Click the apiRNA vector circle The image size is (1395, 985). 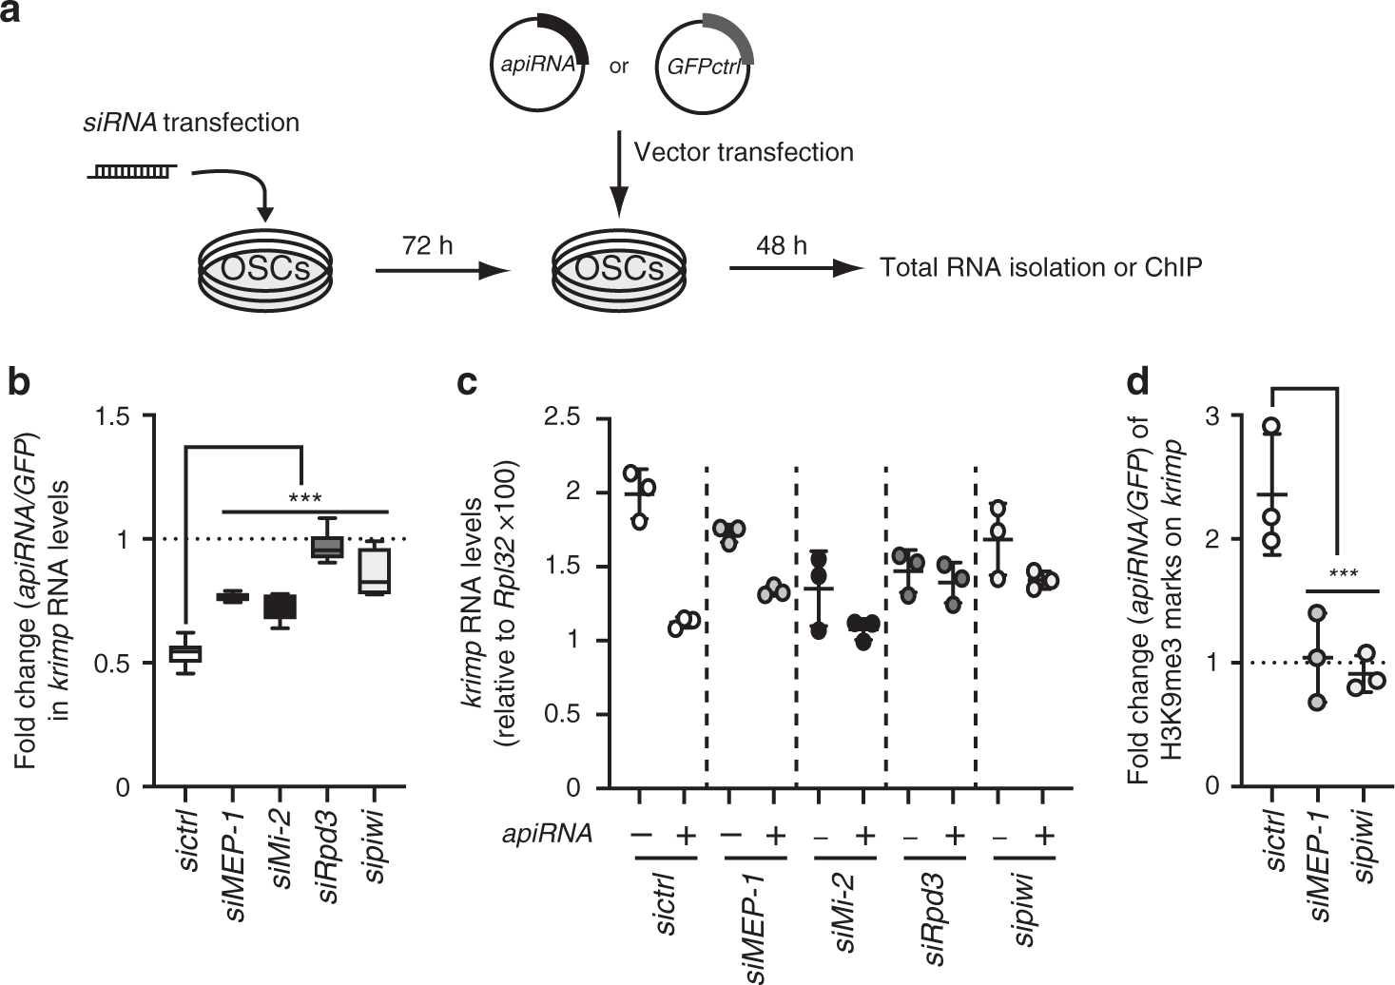pyautogui.click(x=539, y=65)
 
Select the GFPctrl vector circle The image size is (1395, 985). pyautogui.click(x=705, y=65)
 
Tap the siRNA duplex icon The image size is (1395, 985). pyautogui.click(x=131, y=171)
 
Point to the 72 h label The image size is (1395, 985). pyautogui.click(x=428, y=246)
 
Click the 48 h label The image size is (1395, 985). pyautogui.click(x=782, y=246)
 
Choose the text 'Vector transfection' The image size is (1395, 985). pyautogui.click(x=744, y=152)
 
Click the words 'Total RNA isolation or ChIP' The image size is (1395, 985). pyautogui.click(x=1040, y=268)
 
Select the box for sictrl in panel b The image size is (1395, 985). pyautogui.click(x=185, y=652)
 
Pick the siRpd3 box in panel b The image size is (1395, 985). pyautogui.click(x=327, y=547)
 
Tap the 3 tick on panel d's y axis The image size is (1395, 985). pyautogui.click(x=1214, y=416)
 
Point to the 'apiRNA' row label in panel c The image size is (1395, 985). pyautogui.click(x=548, y=835)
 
